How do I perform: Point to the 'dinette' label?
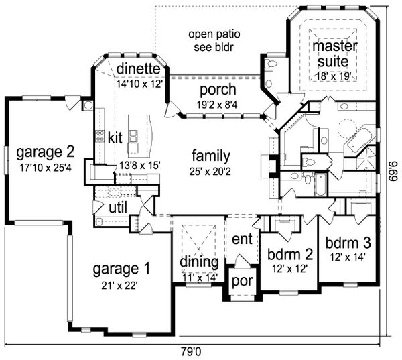click(x=137, y=68)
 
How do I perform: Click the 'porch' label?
click(x=218, y=90)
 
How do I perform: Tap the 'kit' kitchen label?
click(x=115, y=138)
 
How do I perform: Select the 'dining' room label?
click(x=199, y=261)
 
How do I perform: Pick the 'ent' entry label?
click(x=241, y=239)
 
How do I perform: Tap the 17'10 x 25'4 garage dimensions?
click(x=46, y=164)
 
